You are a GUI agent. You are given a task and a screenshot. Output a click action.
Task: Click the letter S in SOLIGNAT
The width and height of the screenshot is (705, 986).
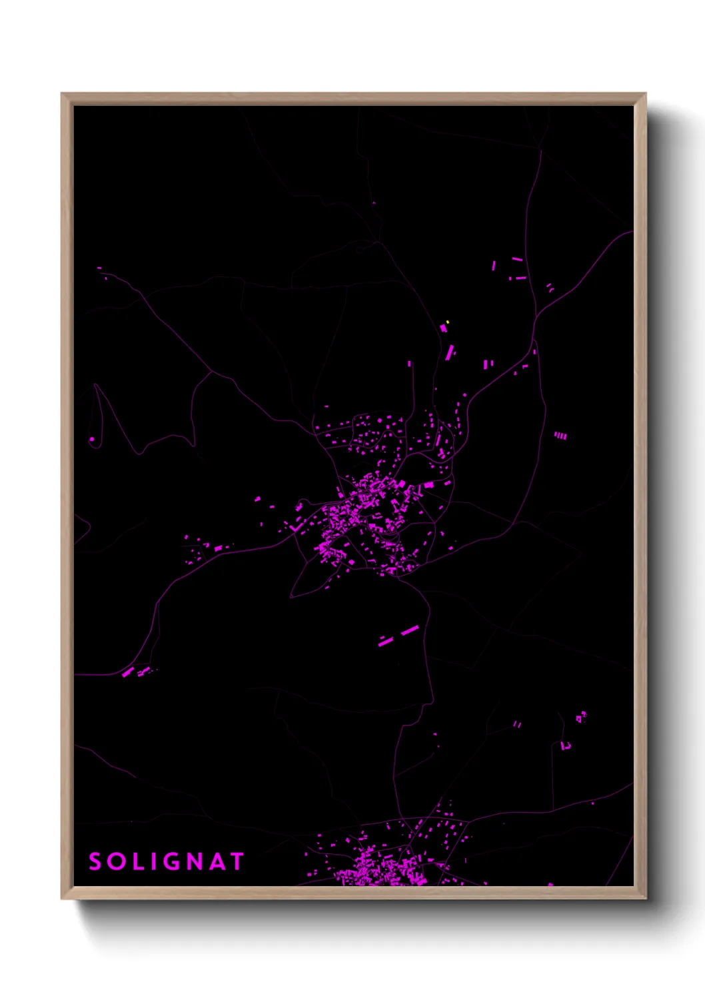click(95, 861)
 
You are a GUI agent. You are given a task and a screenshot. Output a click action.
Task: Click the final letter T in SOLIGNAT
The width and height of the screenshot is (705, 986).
click(237, 861)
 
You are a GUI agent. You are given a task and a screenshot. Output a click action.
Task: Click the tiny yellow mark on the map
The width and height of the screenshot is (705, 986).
click(447, 322)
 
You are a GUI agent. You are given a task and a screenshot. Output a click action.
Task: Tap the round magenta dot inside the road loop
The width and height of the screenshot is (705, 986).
click(92, 440)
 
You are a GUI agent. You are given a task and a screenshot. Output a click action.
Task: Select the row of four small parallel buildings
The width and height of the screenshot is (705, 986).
click(560, 436)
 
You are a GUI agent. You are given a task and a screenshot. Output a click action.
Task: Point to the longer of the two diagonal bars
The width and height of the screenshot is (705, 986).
click(409, 630)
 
